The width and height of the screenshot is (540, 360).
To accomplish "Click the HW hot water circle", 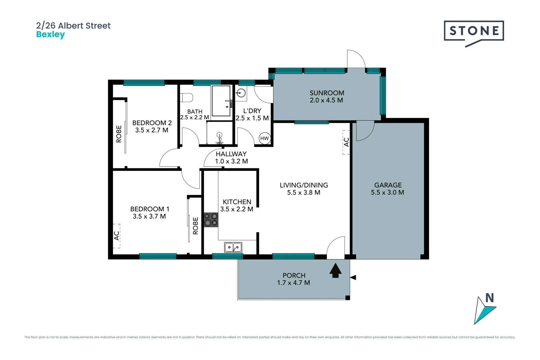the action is tap(264, 138).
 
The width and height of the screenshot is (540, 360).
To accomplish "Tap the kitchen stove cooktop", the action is tap(211, 220).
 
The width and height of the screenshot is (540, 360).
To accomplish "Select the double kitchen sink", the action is tap(233, 247).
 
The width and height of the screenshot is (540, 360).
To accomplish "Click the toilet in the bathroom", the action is tap(187, 98).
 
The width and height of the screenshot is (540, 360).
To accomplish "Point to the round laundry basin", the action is tap(241, 92).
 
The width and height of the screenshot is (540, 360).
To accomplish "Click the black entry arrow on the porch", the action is tap(336, 270).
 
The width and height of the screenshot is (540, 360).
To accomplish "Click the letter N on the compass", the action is tap(490, 298).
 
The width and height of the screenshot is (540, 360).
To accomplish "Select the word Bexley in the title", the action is tap(51, 35).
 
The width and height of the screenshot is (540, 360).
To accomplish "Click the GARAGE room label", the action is tap(388, 185).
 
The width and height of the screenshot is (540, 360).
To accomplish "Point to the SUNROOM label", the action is tap(327, 93).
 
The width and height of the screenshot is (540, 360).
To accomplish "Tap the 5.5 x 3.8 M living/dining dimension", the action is tap(304, 192).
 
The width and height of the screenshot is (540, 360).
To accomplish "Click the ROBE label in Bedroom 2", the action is tap(119, 134).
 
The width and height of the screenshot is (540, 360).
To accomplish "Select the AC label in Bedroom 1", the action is tap(117, 236).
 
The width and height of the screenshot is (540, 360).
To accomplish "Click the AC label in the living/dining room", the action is tap(346, 142).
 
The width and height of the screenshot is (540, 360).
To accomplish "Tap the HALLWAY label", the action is tap(231, 154).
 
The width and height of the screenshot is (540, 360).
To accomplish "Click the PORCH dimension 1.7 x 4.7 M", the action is tap(294, 283).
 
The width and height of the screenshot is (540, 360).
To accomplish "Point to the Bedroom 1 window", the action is tap(158, 256).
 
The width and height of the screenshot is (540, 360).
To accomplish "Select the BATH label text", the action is tap(195, 112).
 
